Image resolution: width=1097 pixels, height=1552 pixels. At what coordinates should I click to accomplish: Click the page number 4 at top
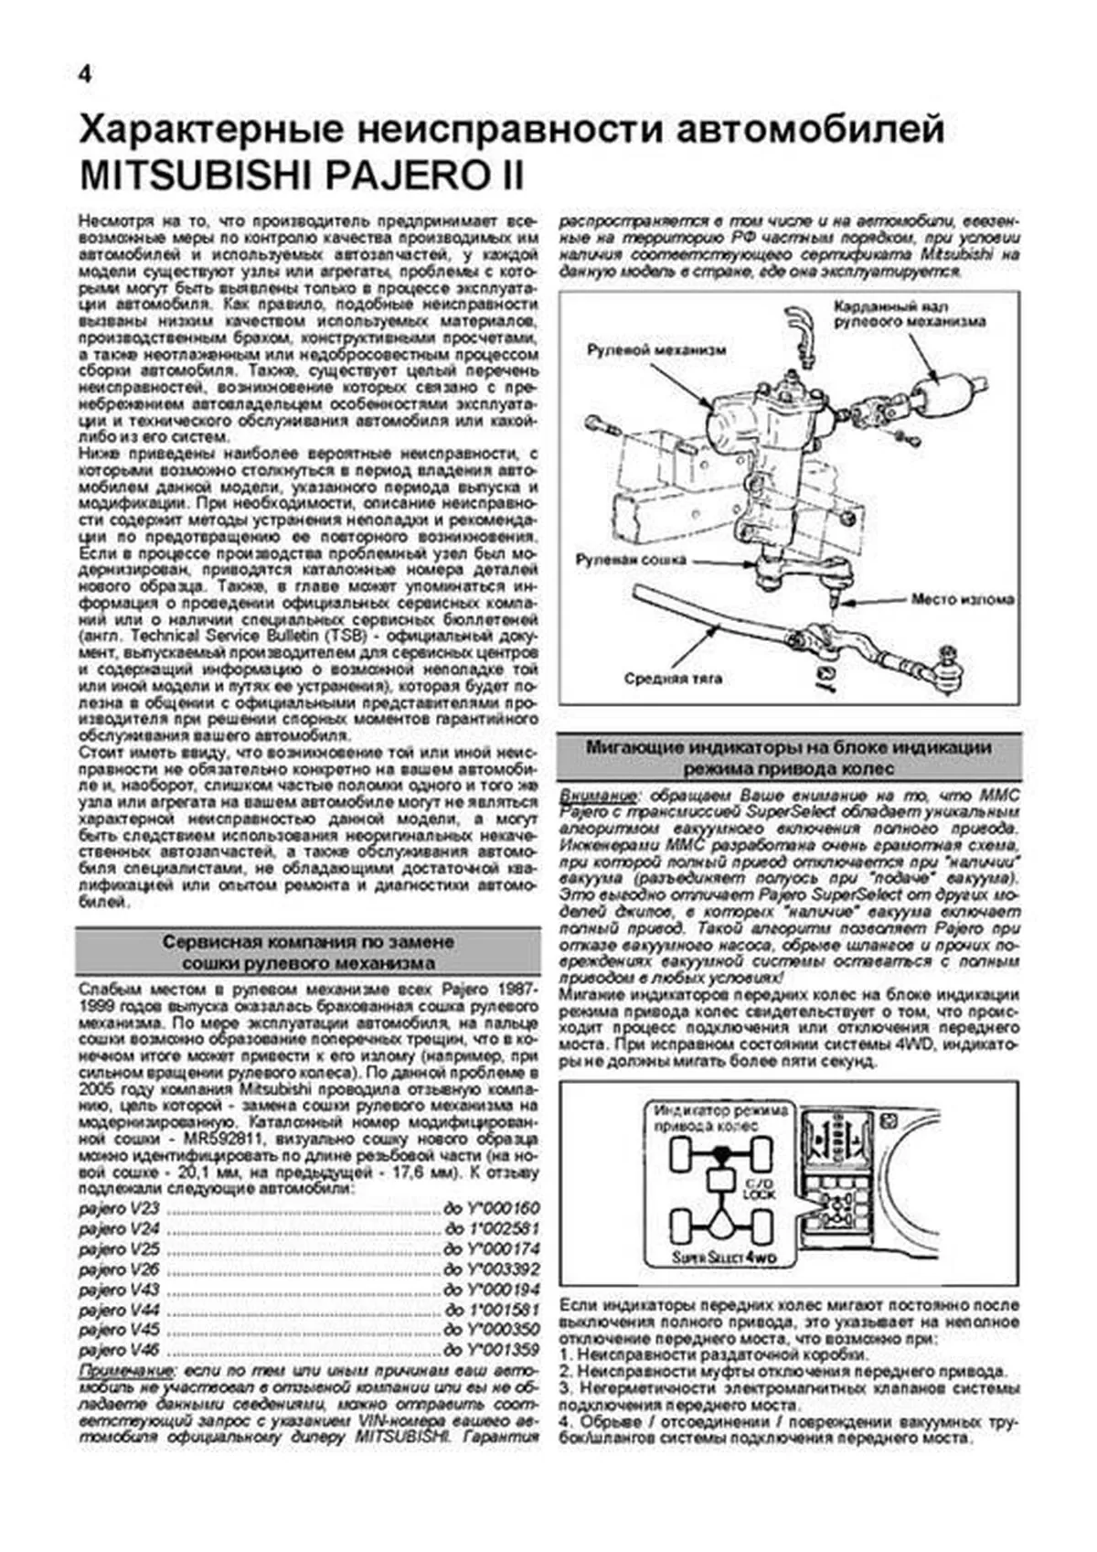[84, 76]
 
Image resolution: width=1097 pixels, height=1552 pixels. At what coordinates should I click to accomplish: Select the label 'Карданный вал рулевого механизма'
[909, 314]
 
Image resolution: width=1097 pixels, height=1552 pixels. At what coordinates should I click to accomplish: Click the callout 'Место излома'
[962, 600]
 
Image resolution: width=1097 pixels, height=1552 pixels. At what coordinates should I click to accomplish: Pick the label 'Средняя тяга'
[673, 678]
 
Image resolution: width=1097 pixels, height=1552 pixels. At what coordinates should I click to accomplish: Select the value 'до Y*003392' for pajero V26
[492, 1269]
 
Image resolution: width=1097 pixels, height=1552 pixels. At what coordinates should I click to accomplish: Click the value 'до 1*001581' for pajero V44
[492, 1310]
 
